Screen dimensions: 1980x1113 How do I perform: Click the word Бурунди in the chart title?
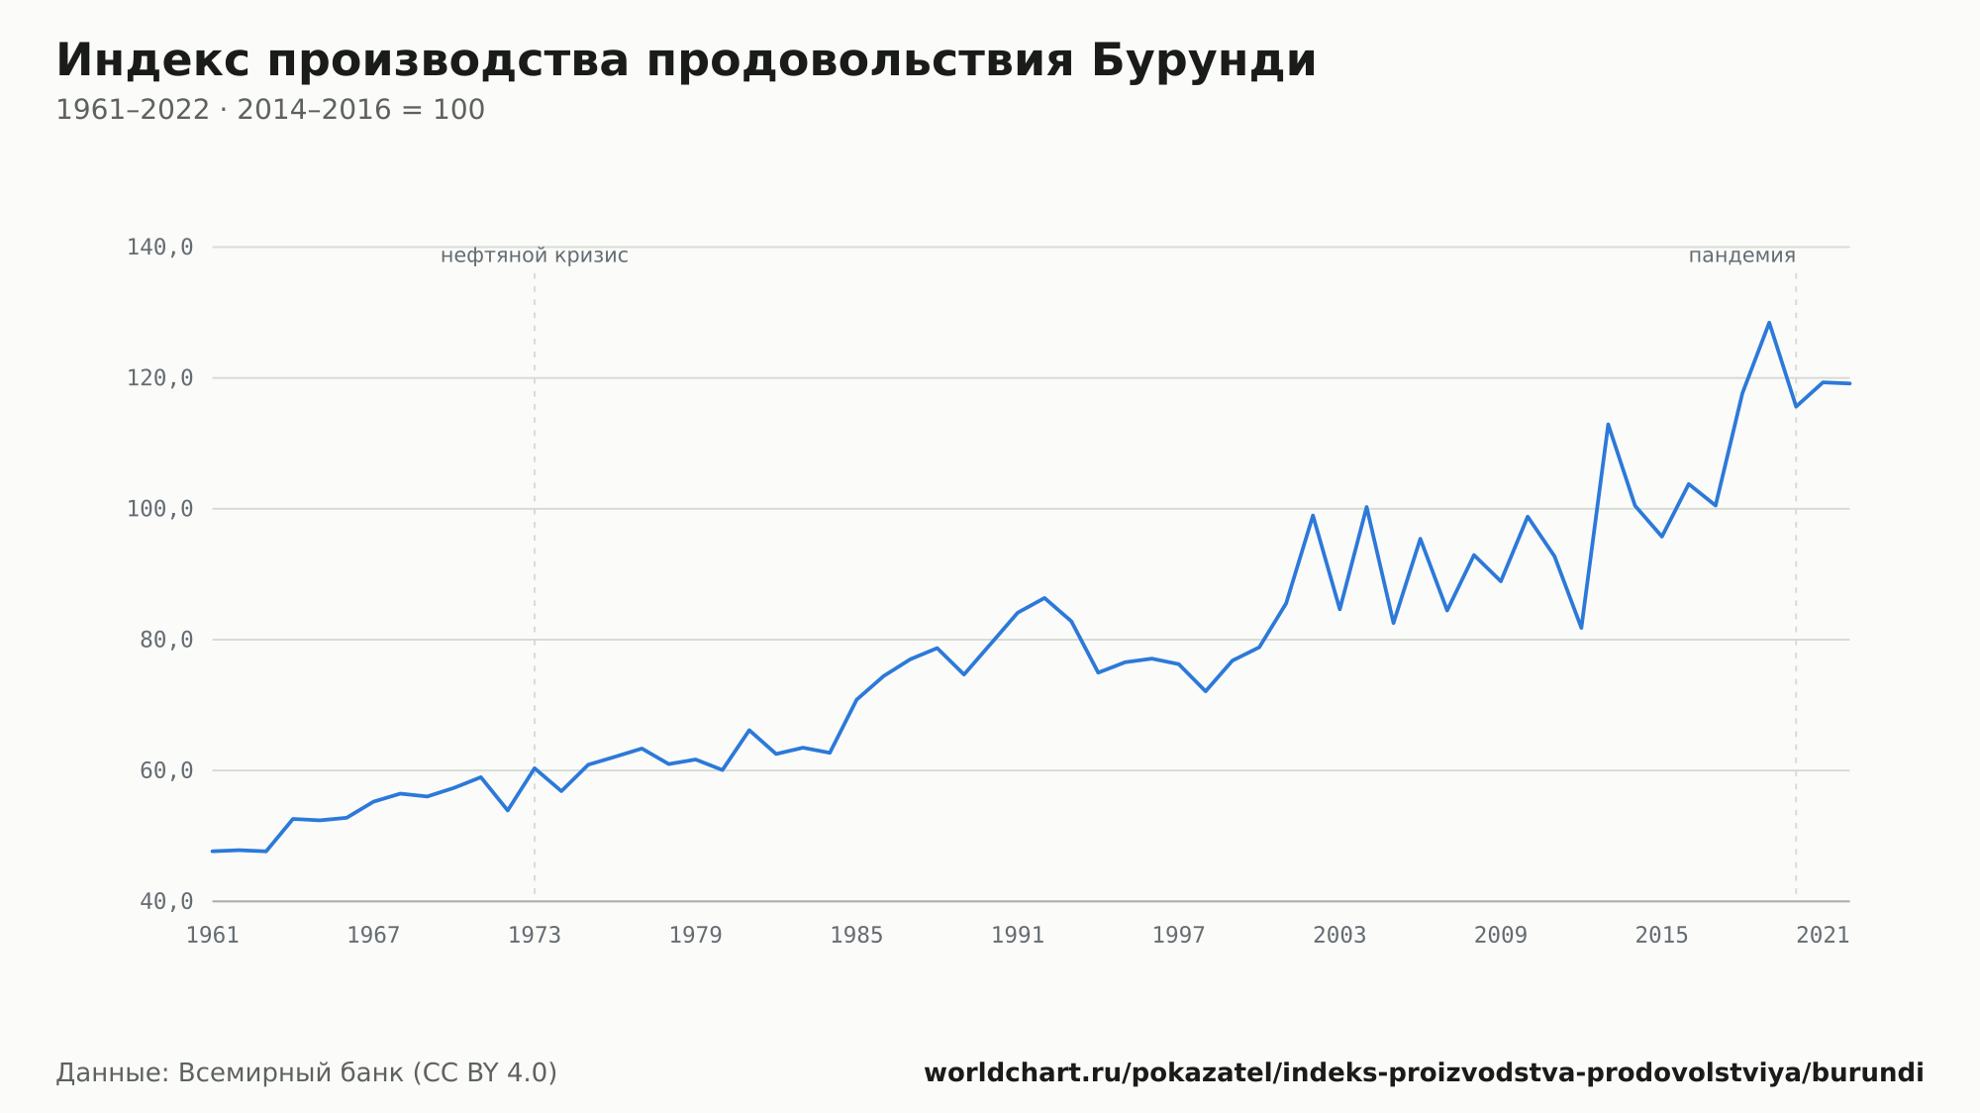(x=1204, y=60)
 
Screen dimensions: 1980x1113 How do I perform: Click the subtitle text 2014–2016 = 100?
(x=360, y=110)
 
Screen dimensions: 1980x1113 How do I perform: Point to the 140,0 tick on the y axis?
(x=159, y=248)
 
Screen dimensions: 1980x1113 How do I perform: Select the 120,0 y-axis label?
(x=159, y=378)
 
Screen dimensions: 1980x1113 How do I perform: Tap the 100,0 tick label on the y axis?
(x=159, y=509)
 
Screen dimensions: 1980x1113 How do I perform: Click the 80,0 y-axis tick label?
(x=166, y=640)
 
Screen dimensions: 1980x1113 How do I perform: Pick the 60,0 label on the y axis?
(x=166, y=770)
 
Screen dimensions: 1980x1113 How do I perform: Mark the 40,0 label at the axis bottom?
(x=166, y=901)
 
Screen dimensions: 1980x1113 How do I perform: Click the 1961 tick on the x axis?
(x=213, y=936)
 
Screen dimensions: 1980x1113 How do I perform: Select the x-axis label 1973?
(x=535, y=936)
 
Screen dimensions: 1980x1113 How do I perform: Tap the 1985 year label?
(x=856, y=936)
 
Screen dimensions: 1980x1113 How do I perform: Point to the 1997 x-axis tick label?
(x=1178, y=936)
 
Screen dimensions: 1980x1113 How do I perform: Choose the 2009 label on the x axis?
(x=1501, y=936)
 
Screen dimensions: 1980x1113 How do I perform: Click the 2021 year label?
(x=1823, y=936)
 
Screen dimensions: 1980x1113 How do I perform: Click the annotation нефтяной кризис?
(x=535, y=255)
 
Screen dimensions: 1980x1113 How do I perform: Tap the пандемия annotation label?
(x=1741, y=255)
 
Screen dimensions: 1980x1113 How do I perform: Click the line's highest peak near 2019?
(x=1769, y=322)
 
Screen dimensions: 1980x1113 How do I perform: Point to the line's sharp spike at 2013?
(x=1608, y=424)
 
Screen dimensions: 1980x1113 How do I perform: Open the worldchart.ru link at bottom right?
(x=1424, y=1073)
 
